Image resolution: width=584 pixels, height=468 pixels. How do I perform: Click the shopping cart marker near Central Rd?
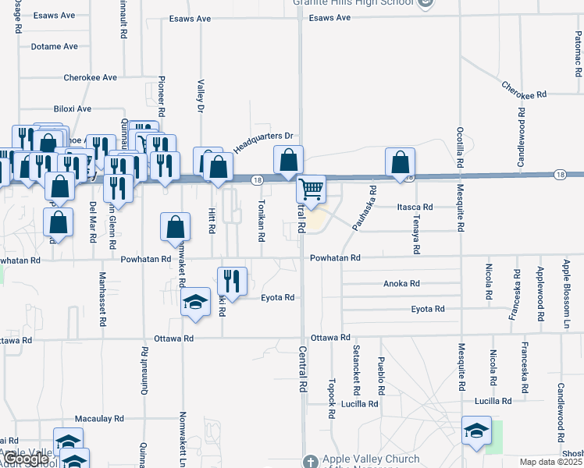click(312, 190)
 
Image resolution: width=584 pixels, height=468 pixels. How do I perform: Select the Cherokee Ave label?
click(90, 78)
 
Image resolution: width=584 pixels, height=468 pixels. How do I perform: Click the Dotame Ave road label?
click(55, 47)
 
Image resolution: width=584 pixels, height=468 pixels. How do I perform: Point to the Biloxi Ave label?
click(73, 108)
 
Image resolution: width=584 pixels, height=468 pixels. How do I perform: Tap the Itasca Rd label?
click(415, 207)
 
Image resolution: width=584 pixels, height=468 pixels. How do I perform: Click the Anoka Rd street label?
click(401, 284)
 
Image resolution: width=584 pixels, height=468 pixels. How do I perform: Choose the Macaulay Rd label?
click(99, 419)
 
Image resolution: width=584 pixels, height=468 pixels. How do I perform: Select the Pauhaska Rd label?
click(364, 208)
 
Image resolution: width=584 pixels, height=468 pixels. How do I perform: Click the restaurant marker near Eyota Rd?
click(233, 281)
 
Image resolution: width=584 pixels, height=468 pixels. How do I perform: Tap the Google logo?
click(26, 459)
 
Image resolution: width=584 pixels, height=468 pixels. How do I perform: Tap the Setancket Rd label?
click(356, 368)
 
